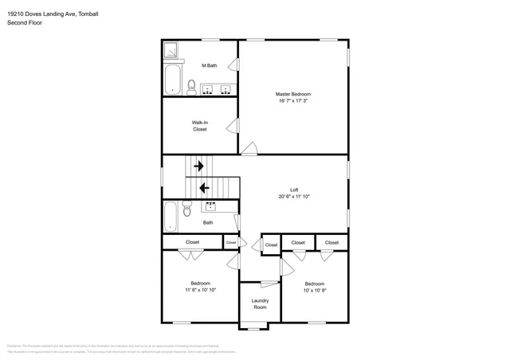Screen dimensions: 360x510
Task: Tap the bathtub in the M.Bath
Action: [x=171, y=80]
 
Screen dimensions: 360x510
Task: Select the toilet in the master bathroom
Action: [x=191, y=86]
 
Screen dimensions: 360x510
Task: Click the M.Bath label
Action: [x=209, y=65]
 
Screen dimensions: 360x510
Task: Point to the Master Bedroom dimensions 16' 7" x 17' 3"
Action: [x=293, y=101]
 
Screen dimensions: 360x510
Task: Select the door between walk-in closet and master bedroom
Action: [x=233, y=125]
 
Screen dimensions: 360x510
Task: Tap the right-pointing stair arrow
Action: [x=198, y=166]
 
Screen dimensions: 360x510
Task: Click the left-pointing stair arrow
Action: [x=204, y=188]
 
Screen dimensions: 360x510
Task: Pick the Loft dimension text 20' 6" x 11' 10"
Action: [x=293, y=196]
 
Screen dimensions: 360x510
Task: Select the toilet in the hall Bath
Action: [x=187, y=209]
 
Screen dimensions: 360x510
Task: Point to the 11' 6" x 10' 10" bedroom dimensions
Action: [x=200, y=290]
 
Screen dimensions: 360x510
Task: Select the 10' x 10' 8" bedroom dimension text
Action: [x=314, y=290]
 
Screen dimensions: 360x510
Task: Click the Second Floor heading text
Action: [x=25, y=23]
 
